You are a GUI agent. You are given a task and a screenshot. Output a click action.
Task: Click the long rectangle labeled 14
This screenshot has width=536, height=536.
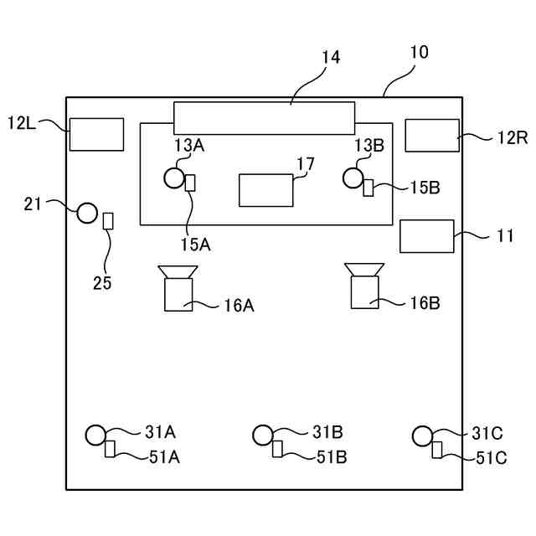tap(264, 117)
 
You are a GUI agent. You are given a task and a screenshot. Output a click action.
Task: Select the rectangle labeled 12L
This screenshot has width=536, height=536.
tap(96, 134)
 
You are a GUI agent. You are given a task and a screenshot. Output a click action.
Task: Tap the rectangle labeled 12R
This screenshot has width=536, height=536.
tap(432, 135)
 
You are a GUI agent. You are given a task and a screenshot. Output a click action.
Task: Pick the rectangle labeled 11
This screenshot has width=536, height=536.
tap(427, 236)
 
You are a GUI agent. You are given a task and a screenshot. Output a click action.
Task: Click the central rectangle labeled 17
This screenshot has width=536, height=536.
tap(266, 190)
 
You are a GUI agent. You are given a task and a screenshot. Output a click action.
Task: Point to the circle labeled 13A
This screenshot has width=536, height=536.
tap(173, 178)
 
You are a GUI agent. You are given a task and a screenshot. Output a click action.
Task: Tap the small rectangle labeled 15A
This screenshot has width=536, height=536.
tap(189, 183)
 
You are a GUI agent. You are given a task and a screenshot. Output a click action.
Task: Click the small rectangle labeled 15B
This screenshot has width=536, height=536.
tap(368, 187)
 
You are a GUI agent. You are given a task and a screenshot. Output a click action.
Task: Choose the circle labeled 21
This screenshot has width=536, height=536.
tap(88, 212)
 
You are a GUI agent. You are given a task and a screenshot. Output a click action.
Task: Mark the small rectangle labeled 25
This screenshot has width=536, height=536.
tap(107, 221)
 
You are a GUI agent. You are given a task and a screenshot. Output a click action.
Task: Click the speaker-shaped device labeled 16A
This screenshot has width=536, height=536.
tap(178, 288)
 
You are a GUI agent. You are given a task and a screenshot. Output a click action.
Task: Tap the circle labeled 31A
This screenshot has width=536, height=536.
tap(95, 434)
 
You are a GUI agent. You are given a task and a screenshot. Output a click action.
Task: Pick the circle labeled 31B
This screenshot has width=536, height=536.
tap(263, 434)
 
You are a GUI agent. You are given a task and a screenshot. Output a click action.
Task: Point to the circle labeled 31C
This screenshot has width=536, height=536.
tap(423, 435)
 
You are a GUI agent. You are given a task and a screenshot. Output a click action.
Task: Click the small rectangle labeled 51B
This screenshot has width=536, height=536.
tap(277, 450)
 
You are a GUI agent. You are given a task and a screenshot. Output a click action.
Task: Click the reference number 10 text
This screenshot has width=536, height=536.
tap(419, 52)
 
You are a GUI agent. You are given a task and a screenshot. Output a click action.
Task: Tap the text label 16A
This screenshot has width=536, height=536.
tap(239, 306)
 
